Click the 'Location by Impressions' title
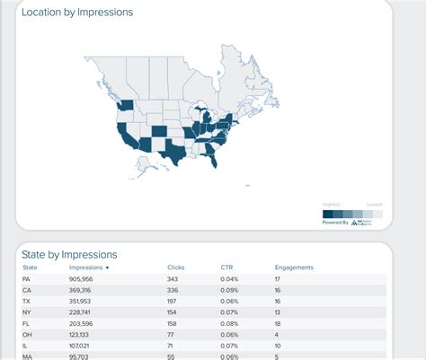[77, 13]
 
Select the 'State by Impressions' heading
[69, 254]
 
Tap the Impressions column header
[86, 268]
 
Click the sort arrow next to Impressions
[108, 268]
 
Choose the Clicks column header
[176, 268]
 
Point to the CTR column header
[226, 268]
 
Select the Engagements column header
[294, 268]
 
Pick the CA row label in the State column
[26, 291]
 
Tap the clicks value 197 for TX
[173, 303]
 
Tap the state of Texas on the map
[171, 153]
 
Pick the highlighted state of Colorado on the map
[158, 131]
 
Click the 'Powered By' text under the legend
[335, 222]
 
